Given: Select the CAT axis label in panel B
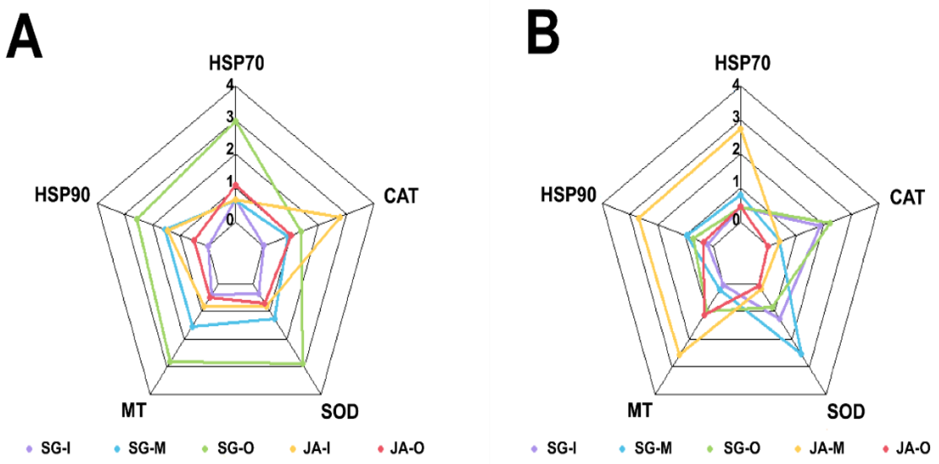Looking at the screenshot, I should (907, 197).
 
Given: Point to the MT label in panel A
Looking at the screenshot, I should (134, 410).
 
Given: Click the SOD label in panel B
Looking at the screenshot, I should (846, 412).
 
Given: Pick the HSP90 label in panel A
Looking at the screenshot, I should (62, 195).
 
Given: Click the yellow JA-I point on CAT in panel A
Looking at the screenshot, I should (340, 218).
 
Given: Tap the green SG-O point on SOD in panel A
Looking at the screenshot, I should (303, 364).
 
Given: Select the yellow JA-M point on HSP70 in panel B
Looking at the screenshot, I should (740, 129).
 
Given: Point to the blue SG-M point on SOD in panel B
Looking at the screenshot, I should (801, 354).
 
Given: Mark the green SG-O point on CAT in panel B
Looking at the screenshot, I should (830, 223).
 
